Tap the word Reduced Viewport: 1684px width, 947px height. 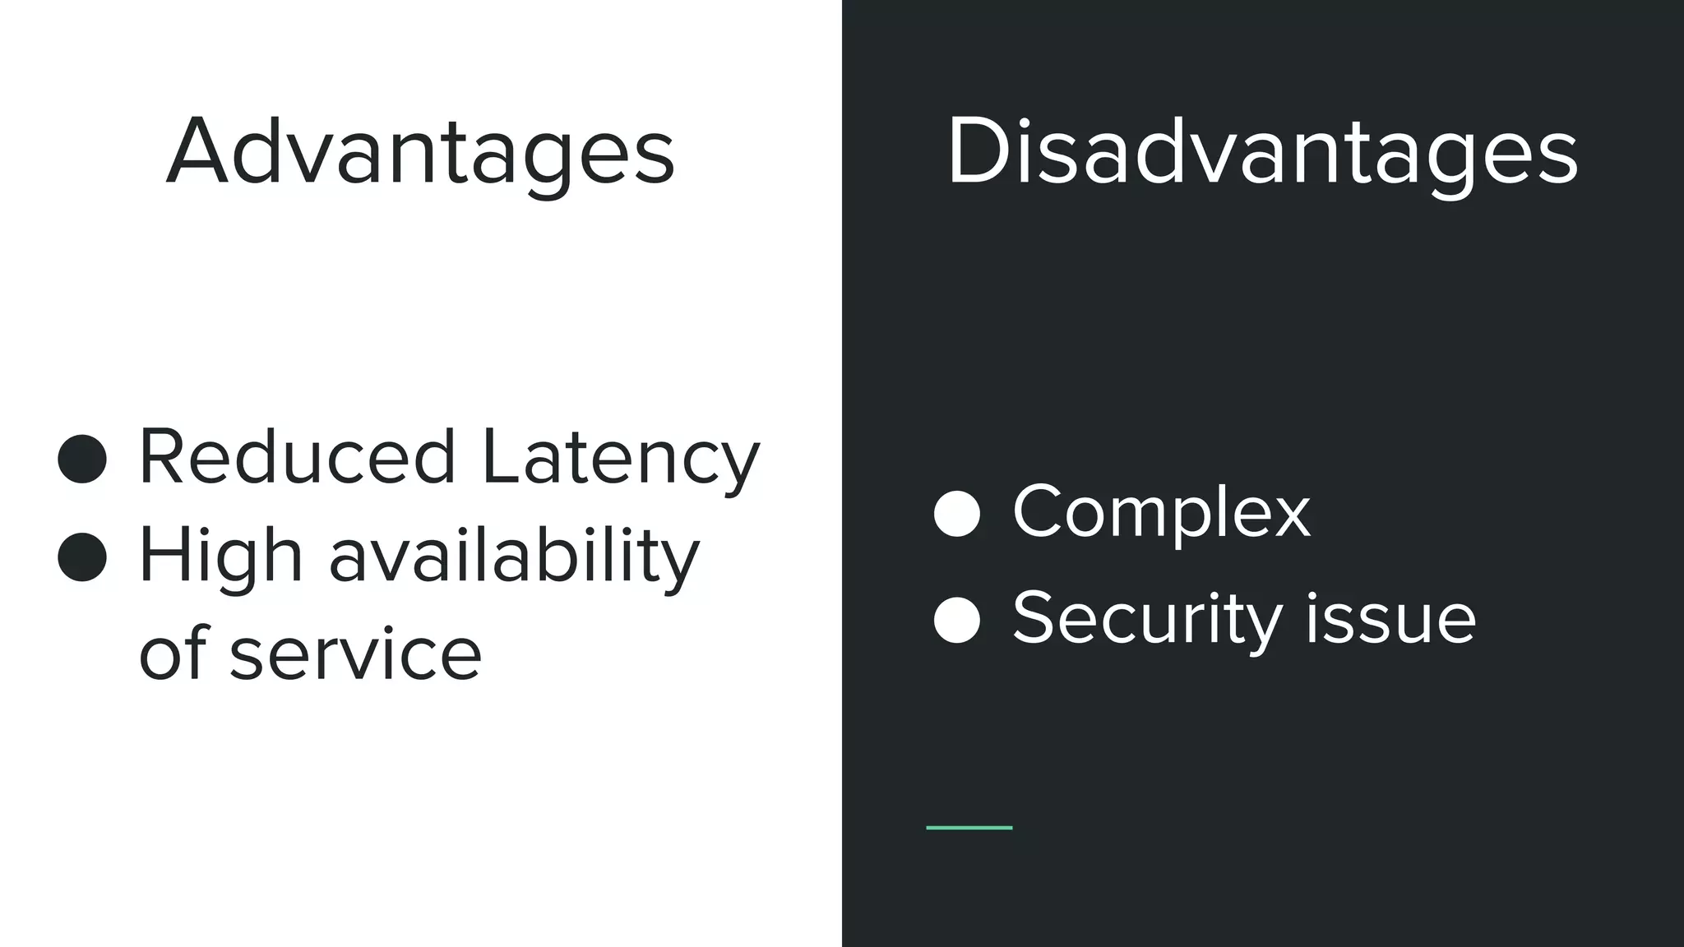point(297,457)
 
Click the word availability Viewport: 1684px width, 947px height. point(514,557)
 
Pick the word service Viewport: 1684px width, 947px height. point(355,654)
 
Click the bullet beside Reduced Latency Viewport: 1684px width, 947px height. point(82,459)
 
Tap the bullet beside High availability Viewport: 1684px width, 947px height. point(82,557)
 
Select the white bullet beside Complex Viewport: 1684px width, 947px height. point(957,514)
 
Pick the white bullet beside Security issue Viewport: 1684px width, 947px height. point(957,620)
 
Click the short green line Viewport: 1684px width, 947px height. point(969,828)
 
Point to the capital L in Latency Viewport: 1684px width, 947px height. point(498,457)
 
